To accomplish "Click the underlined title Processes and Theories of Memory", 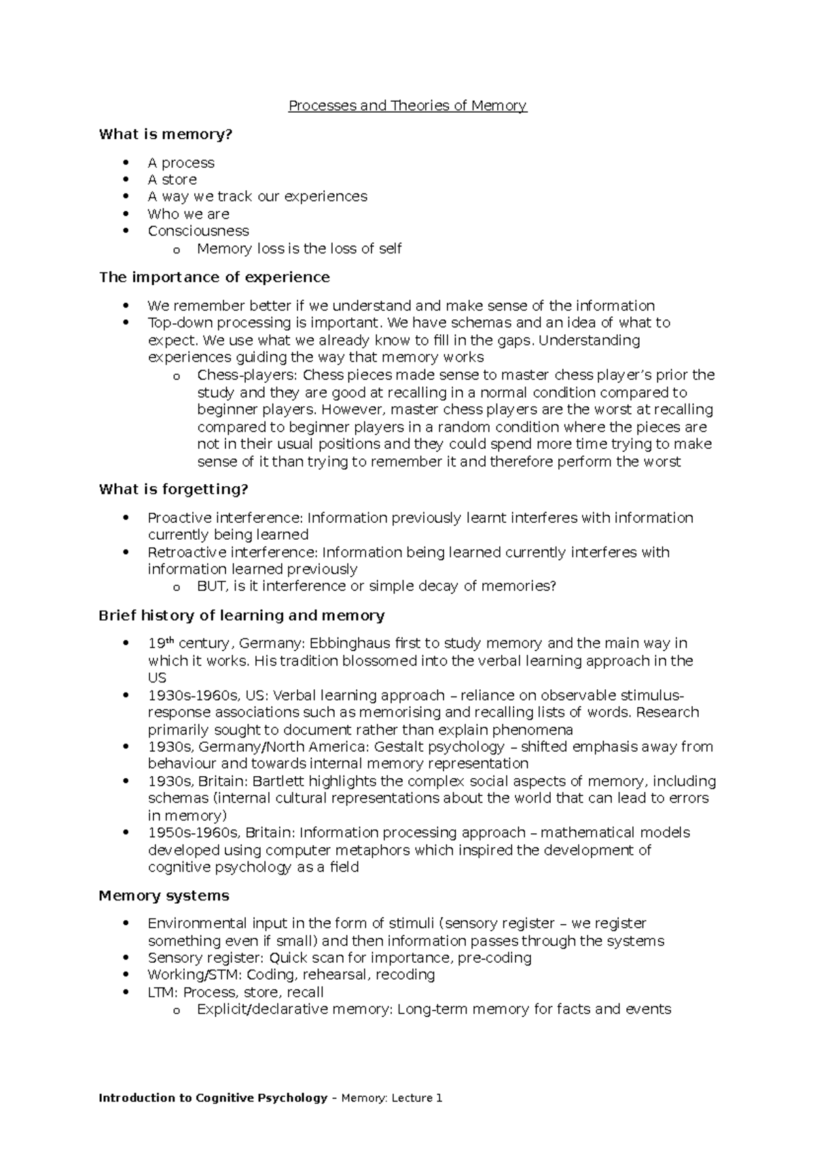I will click(x=407, y=106).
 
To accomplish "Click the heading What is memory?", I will click(x=166, y=134).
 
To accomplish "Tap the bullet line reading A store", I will click(x=172, y=180).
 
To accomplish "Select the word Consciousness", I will click(x=198, y=231).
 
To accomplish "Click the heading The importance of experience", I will click(x=214, y=277).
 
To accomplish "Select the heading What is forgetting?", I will click(x=173, y=490).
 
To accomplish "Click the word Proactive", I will click(x=179, y=518).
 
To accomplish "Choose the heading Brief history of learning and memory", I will click(x=241, y=616).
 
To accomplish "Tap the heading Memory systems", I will click(x=164, y=896).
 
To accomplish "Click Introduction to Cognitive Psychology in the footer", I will click(x=213, y=1098).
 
